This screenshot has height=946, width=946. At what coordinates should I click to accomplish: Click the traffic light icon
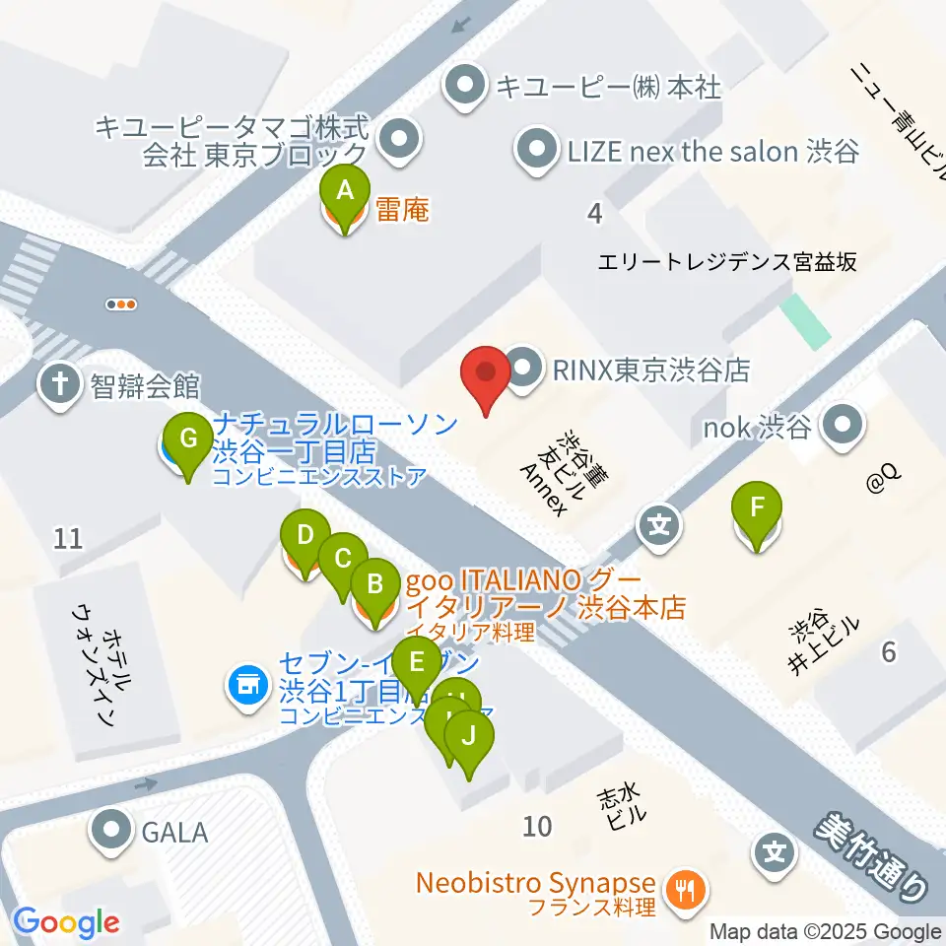(x=121, y=304)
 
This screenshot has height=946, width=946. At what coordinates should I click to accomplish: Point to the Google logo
(x=66, y=923)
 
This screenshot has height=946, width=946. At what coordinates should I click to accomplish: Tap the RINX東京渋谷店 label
(x=649, y=370)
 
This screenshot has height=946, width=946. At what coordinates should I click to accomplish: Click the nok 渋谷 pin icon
(x=844, y=427)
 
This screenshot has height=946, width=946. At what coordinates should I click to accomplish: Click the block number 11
(x=68, y=538)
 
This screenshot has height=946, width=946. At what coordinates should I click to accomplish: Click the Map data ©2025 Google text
(x=826, y=931)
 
